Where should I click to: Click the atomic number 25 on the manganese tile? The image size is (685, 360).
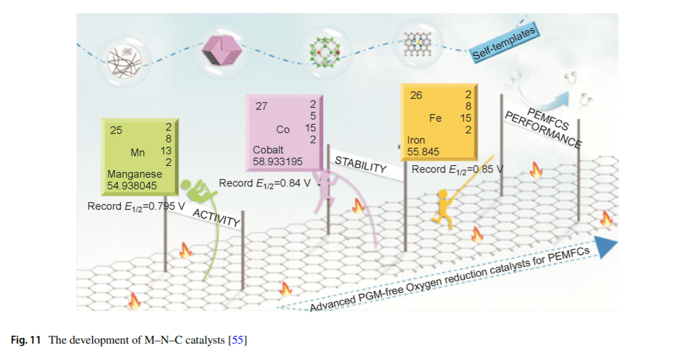[116, 130]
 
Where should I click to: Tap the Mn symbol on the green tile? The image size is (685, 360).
[137, 152]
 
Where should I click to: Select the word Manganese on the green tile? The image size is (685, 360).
[135, 174]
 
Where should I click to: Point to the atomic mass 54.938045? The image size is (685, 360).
[132, 186]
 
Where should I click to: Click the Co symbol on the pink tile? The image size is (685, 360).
[283, 130]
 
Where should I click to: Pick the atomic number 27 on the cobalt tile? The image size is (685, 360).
[262, 106]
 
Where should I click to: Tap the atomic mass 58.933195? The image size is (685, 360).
[277, 162]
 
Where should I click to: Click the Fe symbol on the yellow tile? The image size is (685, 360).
[435, 118]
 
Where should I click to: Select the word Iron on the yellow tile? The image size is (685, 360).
[416, 140]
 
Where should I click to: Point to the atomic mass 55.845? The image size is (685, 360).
[423, 152]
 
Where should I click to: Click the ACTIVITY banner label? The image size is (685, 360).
[216, 217]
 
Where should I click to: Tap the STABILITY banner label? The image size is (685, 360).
[361, 165]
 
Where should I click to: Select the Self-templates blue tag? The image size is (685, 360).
[504, 44]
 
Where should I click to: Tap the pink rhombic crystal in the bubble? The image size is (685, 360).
[222, 51]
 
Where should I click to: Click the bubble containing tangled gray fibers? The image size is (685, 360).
[124, 61]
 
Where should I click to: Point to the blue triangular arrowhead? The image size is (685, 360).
[606, 247]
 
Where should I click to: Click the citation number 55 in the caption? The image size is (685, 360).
[237, 340]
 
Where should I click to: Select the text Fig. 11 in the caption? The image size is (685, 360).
[26, 340]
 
